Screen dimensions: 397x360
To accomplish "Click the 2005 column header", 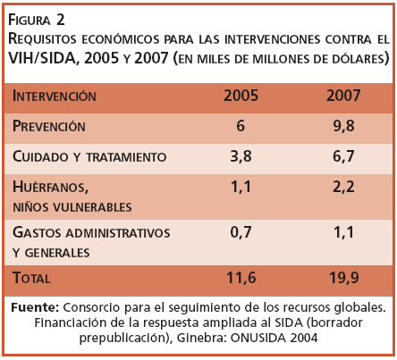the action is click(241, 96).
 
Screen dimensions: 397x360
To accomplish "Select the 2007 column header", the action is click(343, 96).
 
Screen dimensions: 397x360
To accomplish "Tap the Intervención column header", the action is click(55, 96).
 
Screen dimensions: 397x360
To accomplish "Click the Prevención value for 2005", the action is click(241, 126).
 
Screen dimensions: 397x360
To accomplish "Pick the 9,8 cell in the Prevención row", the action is click(343, 126).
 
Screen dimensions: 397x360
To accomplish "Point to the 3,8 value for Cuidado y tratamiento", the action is click(241, 156).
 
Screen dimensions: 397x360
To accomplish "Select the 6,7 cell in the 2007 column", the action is click(343, 156).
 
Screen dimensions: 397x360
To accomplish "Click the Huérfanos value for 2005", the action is click(241, 188).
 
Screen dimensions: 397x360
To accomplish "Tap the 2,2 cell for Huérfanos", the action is click(343, 188).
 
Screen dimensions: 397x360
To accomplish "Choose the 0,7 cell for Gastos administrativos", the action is click(241, 232).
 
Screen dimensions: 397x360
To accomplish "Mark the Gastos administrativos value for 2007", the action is click(343, 232).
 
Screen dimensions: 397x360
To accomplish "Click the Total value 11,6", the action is click(241, 278).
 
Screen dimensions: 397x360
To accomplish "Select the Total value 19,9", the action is click(343, 278).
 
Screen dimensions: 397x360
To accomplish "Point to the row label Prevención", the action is click(49, 126).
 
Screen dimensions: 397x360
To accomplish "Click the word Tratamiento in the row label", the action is click(126, 157).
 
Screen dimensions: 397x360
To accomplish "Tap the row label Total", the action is click(31, 278).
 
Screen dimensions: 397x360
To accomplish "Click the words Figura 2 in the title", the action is click(37, 20).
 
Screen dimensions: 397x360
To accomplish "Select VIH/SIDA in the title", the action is click(41, 58).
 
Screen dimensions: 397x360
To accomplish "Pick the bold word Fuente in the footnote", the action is click(35, 307).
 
